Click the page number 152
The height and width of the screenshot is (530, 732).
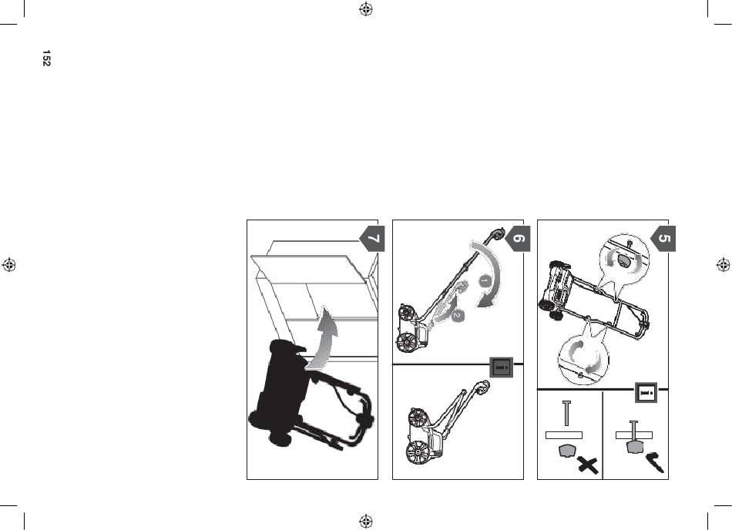coord(46,59)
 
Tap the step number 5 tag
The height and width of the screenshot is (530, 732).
coord(663,238)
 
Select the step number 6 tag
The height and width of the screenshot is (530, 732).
coord(519,238)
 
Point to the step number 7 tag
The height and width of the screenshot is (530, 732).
coord(372,238)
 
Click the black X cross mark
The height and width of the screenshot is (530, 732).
coord(588,465)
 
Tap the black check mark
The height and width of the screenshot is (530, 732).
coord(656,461)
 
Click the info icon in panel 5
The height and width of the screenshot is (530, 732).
coord(646,392)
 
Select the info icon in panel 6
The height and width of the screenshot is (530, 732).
coord(502,367)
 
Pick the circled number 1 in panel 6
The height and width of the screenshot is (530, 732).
coord(485,282)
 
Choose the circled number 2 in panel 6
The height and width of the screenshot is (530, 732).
coord(458,316)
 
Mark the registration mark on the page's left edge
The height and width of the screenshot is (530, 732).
coord(9,265)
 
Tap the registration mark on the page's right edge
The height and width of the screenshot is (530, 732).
coord(723,265)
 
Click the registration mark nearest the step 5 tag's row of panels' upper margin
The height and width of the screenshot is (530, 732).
coord(366,9)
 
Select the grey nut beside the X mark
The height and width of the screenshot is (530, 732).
coord(567,451)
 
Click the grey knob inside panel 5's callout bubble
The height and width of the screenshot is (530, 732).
coord(624,260)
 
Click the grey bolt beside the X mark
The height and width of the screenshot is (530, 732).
coord(567,413)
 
